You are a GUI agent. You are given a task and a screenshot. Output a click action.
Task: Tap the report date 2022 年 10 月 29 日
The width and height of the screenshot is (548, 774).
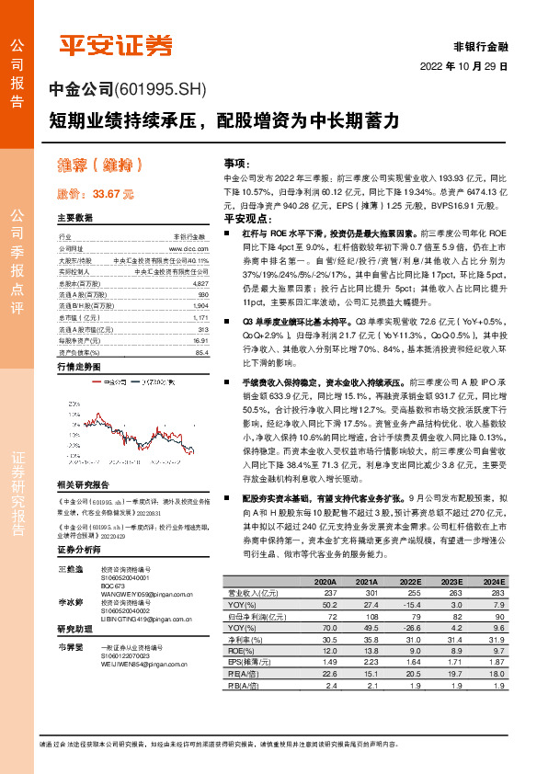tap(463, 67)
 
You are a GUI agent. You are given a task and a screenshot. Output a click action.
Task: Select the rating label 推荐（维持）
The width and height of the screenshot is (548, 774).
tap(102, 166)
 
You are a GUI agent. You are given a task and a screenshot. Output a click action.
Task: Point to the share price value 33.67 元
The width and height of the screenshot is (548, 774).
tap(114, 194)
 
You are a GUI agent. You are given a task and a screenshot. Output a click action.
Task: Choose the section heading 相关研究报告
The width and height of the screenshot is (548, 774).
tap(83, 484)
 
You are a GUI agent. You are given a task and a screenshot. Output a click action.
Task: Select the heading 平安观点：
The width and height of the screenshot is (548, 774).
tap(247, 221)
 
